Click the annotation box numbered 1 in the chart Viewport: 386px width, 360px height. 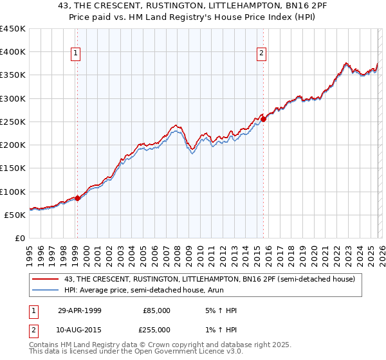[x=77, y=54]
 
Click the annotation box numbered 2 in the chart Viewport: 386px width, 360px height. [x=262, y=54]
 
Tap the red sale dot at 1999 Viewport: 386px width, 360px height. [x=78, y=198]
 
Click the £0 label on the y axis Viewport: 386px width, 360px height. [x=20, y=239]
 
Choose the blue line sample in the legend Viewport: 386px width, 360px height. [x=46, y=290]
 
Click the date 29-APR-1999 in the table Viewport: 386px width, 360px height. [x=79, y=310]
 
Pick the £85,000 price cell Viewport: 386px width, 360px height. [x=156, y=310]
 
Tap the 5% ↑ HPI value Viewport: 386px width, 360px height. [x=220, y=310]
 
